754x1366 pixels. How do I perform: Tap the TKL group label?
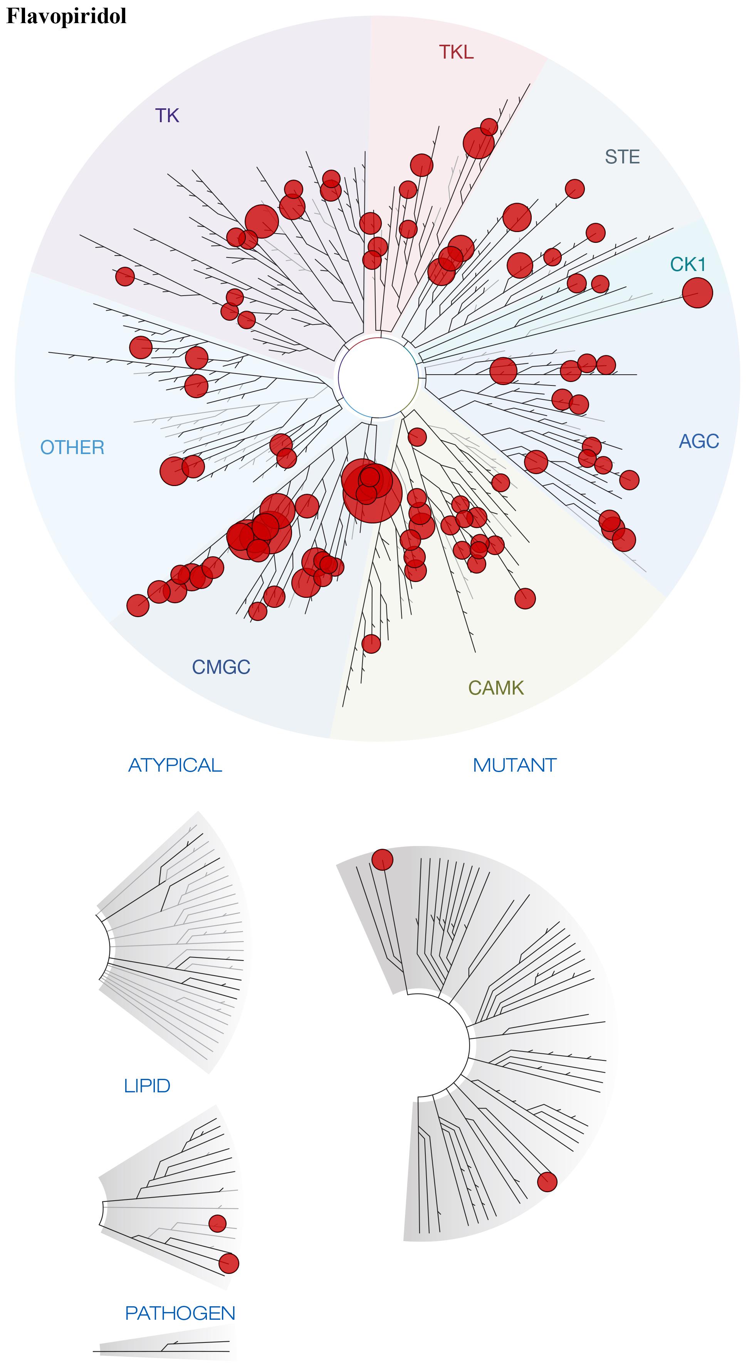point(456,52)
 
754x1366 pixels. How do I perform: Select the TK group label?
point(167,116)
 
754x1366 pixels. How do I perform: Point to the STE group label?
point(622,157)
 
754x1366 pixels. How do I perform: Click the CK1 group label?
point(688,264)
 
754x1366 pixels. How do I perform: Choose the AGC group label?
point(699,441)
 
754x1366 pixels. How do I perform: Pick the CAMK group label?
point(496,688)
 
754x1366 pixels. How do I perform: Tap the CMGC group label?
point(221,667)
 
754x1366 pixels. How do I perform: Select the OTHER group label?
point(73,447)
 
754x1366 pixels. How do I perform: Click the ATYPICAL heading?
point(175,765)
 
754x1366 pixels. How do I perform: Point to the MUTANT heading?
point(514,765)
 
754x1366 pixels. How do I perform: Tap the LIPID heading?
point(147,1085)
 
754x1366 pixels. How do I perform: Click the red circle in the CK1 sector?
point(697,293)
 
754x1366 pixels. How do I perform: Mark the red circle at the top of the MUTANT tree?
point(382,860)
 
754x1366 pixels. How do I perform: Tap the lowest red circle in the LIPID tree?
point(229,1263)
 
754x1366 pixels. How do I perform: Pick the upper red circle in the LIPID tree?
point(217,1223)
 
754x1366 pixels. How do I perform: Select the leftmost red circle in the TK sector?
point(125,276)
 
